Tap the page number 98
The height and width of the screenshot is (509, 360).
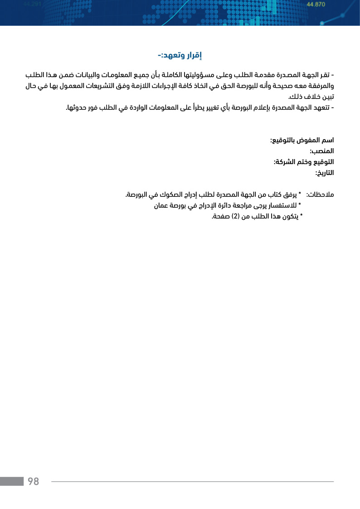tap(34, 481)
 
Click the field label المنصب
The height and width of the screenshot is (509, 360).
tap(322, 151)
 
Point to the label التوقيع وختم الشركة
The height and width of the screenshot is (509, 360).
tap(304, 162)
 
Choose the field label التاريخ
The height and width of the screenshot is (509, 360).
tap(325, 173)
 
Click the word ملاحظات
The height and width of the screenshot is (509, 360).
tap(320, 195)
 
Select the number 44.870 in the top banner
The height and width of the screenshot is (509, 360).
tap(316, 5)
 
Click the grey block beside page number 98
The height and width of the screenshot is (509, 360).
tap(12, 481)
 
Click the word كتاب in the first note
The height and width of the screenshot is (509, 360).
tap(265, 195)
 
